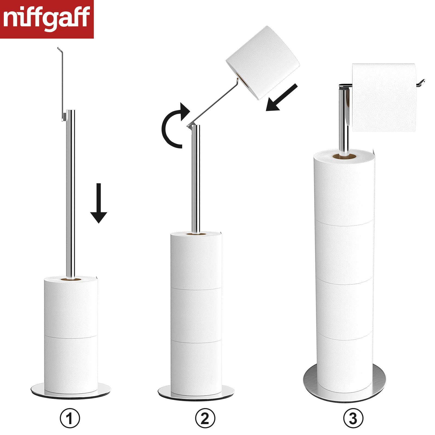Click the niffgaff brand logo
[x=46, y=19]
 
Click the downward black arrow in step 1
[x=99, y=203]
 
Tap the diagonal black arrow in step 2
[x=282, y=98]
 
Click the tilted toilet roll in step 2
[x=263, y=63]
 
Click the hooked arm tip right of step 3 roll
[x=421, y=83]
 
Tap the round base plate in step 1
[x=71, y=390]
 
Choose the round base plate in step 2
[x=196, y=392]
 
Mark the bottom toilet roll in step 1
[x=71, y=364]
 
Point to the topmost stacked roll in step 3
[x=344, y=188]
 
